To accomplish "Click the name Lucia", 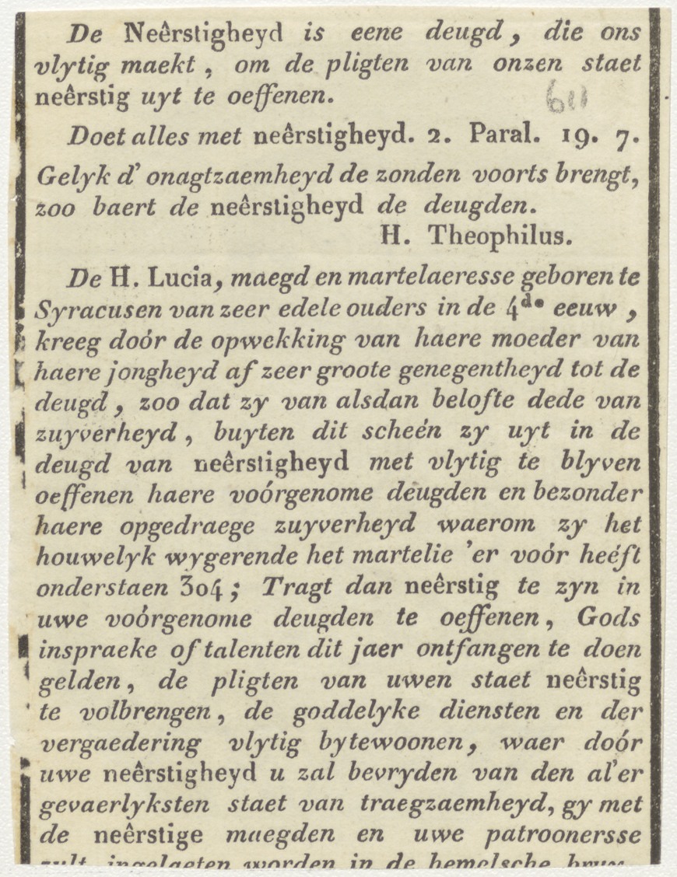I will point(174,278).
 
